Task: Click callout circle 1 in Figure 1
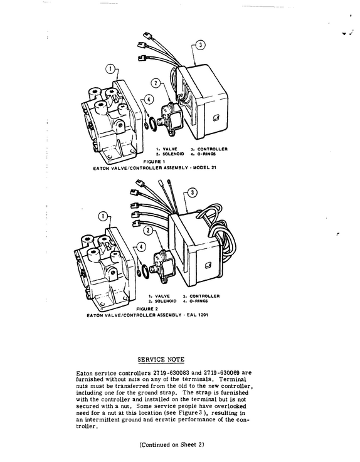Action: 110,70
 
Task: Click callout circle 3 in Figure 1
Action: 201,45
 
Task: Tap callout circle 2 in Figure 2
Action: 148,230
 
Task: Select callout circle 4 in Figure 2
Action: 141,246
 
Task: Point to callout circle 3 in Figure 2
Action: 193,192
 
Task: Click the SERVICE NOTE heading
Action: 161,359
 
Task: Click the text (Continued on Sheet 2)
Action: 172,444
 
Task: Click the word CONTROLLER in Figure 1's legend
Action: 212,149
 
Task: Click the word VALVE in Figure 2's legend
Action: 162,296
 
